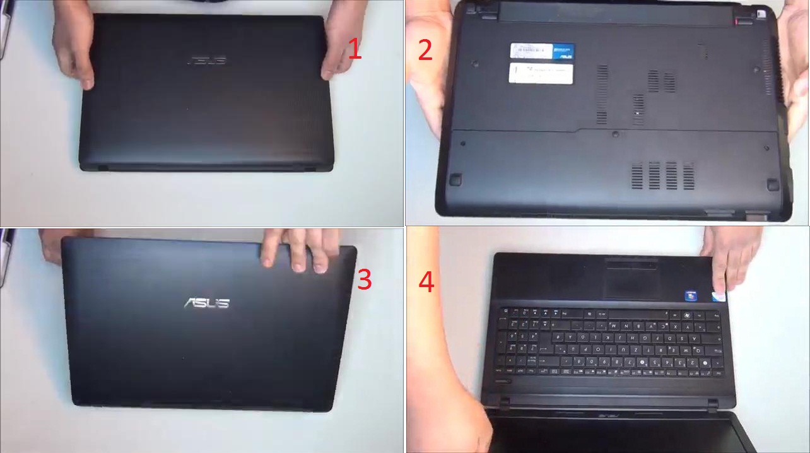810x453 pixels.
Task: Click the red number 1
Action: coord(355,49)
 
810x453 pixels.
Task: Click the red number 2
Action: coord(426,50)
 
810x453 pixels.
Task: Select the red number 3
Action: coord(365,279)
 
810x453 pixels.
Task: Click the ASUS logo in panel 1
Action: coord(206,61)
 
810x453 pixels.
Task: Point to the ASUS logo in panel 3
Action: coord(206,303)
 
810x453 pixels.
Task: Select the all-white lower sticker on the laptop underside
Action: coord(541,73)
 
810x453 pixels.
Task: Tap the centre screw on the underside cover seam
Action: coord(614,133)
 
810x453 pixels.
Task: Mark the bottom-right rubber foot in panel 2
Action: coord(770,183)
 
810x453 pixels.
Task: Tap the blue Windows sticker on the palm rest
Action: coord(692,295)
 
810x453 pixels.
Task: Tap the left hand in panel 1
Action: coord(74,41)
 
